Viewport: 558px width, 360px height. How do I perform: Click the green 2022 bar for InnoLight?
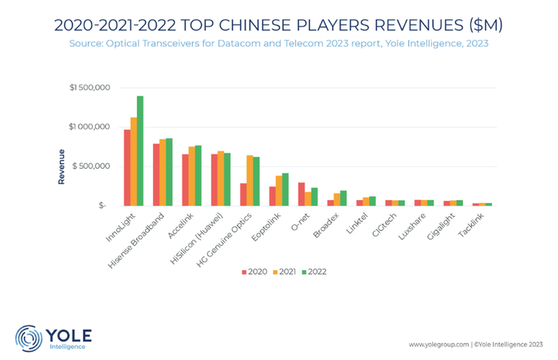coord(140,151)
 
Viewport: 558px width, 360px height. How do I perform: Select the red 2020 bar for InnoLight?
coord(127,168)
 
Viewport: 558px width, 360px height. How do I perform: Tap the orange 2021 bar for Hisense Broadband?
coord(163,173)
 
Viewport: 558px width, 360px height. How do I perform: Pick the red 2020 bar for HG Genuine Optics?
coord(243,194)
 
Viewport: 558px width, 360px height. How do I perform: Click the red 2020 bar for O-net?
coord(301,194)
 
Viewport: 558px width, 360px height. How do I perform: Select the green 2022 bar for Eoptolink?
coord(285,190)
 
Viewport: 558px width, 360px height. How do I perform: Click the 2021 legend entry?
coord(285,272)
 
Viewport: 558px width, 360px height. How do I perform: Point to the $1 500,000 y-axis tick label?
coord(89,87)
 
